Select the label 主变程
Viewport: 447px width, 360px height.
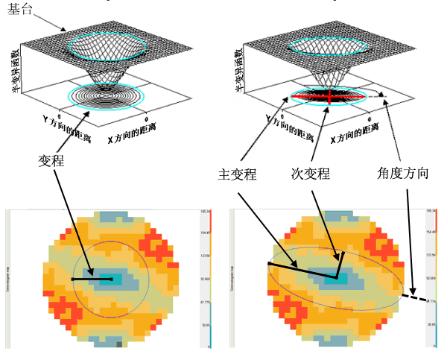click(x=236, y=174)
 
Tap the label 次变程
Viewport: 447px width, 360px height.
click(x=310, y=174)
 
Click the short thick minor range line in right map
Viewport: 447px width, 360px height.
click(x=340, y=265)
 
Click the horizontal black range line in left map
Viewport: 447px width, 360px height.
click(x=92, y=280)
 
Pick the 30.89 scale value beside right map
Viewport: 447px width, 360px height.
click(x=430, y=325)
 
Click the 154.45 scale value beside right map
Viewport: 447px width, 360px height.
click(x=430, y=233)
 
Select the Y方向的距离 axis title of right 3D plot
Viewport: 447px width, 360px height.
click(x=290, y=128)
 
